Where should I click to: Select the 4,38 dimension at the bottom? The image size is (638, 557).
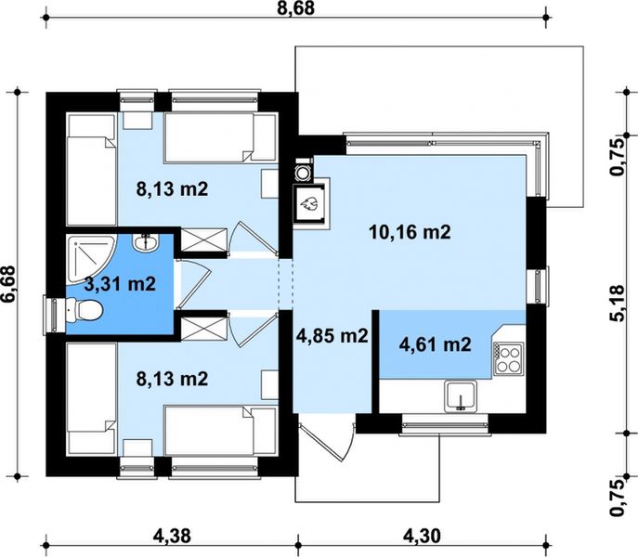[x=172, y=536]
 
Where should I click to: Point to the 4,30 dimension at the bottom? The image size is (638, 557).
[x=422, y=536]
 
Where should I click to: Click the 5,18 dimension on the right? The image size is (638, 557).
[x=617, y=304]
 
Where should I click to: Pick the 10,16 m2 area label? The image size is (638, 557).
[x=410, y=232]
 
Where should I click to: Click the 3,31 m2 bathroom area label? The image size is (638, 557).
[x=120, y=283]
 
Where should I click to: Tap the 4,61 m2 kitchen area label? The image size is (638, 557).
[x=436, y=344]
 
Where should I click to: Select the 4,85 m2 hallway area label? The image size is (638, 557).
[x=332, y=336]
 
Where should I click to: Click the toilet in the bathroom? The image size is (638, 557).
[x=85, y=310]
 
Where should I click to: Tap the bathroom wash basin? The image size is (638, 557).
[x=145, y=243]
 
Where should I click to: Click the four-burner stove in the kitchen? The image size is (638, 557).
[x=509, y=358]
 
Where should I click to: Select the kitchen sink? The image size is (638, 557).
[x=461, y=396]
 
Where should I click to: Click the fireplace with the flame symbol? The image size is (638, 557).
[x=309, y=203]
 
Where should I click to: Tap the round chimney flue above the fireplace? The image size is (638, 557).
[x=303, y=173]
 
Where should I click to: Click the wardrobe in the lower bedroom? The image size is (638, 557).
[x=203, y=329]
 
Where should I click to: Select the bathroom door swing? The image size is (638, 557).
[x=194, y=284]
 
